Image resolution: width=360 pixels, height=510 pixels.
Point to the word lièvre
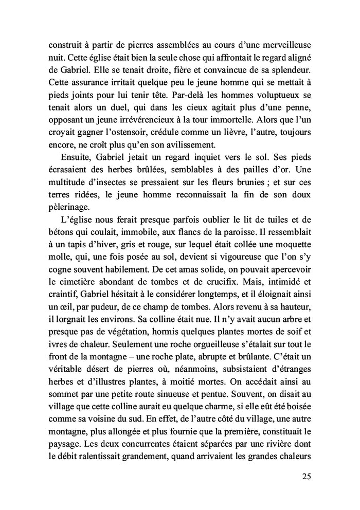(252, 132)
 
